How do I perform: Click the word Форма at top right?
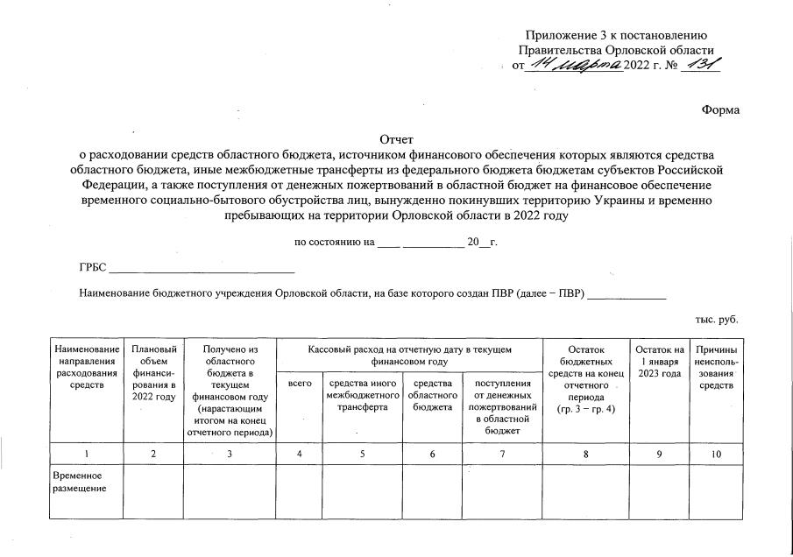tap(720, 109)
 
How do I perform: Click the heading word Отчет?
tap(396, 139)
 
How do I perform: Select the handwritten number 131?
tap(701, 65)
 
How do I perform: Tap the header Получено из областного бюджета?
tap(230, 390)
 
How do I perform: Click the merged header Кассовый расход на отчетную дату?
tap(409, 355)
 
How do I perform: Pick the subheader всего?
tap(300, 383)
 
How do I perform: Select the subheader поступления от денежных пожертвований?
tap(502, 405)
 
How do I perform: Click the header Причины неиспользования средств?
tap(716, 368)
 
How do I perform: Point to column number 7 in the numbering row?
tap(502, 454)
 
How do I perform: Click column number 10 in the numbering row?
tap(716, 454)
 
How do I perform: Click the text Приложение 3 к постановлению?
tap(615, 35)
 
